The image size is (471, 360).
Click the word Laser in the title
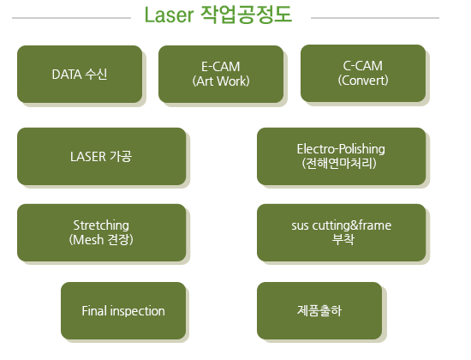pos(169,15)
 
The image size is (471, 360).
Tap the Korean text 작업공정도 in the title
pos(246,15)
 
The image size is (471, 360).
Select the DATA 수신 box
pos(80,74)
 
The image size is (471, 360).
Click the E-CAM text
pos(221,67)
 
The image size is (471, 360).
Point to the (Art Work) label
pos(221,81)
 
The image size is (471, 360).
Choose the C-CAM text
pos(363,66)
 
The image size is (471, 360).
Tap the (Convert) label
pos(363,81)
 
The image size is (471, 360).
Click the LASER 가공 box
pos(102,156)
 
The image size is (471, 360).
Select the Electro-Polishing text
pos(341,149)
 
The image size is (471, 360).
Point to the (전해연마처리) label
pos(339,164)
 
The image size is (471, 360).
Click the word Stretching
pos(101,225)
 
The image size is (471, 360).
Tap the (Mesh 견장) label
pos(101,240)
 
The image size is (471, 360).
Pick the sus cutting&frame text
pos(341,225)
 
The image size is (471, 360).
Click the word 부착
pos(343,239)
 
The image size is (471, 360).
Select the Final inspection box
pos(123,310)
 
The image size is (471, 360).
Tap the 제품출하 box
pos(319,310)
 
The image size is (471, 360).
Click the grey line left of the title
pos(71,18)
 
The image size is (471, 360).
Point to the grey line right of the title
pos(375,18)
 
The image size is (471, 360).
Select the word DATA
pos(67,75)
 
